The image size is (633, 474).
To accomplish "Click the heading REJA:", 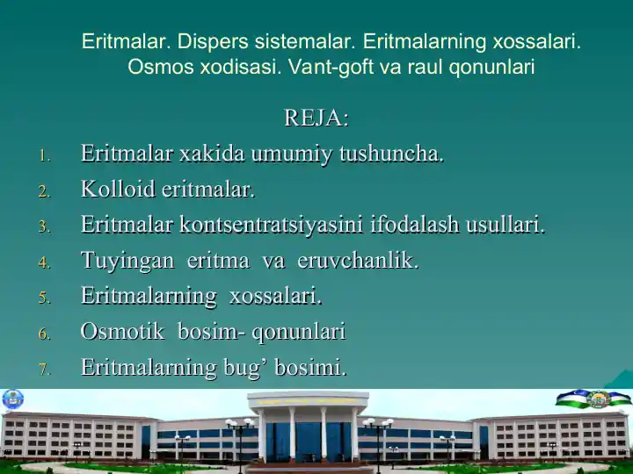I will coord(316,118).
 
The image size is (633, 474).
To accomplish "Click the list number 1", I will coord(44,156).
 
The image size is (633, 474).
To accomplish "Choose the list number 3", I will coord(44,227).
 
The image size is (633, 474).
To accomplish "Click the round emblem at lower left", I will coord(13,399).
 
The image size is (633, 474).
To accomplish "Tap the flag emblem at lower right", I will coord(597,399).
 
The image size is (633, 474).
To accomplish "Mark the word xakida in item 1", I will coord(212,154).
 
